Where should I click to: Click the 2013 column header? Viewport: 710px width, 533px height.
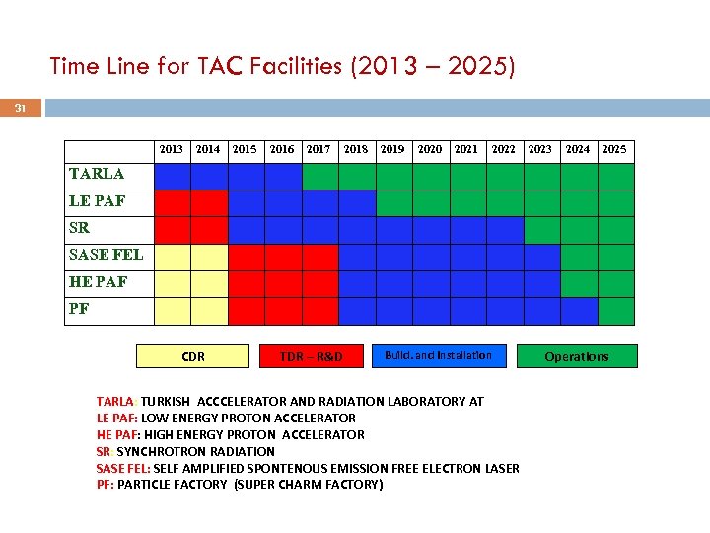click(172, 149)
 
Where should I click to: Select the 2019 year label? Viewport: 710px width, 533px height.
click(392, 149)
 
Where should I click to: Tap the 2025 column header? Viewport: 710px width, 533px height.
click(614, 149)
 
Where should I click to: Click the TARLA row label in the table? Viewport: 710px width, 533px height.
click(97, 174)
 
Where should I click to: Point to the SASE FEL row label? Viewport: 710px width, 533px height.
click(106, 255)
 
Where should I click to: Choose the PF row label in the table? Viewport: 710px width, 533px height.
click(80, 309)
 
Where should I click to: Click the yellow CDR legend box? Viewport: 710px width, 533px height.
click(193, 356)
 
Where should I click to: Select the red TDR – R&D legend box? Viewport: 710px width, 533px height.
click(311, 356)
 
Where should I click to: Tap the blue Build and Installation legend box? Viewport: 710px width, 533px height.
click(438, 355)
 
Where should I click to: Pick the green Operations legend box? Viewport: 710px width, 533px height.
click(577, 356)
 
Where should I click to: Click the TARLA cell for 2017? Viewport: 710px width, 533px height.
click(319, 176)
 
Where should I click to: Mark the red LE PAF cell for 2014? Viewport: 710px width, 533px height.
click(209, 202)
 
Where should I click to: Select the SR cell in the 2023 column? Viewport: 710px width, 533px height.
click(541, 230)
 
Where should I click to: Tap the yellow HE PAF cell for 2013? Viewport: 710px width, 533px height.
click(173, 284)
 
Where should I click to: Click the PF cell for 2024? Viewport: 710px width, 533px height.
click(579, 311)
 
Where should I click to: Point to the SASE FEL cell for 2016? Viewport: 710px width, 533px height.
click(283, 257)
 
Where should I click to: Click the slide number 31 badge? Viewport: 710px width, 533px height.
click(20, 108)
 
